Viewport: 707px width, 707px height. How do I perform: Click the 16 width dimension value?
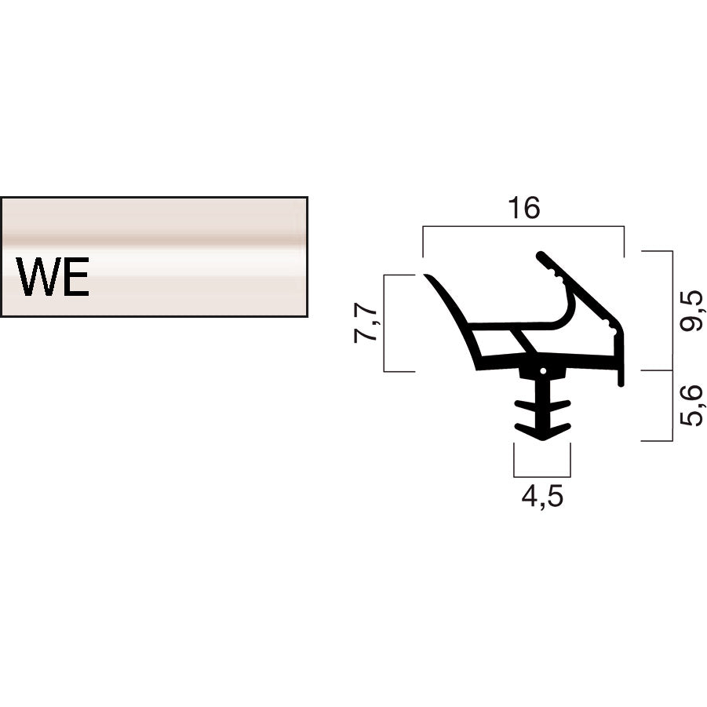pos(523,209)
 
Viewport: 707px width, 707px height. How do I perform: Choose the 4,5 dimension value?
pos(542,497)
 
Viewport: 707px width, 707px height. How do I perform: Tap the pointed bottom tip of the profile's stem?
pos(542,439)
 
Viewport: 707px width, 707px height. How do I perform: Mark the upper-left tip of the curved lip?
pos(428,276)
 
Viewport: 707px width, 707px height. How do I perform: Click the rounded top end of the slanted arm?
pos(541,255)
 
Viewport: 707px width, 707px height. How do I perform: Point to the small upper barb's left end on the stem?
pos(518,406)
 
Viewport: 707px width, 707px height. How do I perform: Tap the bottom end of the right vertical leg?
pos(621,383)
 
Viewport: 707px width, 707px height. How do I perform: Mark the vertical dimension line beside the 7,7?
pos(384,323)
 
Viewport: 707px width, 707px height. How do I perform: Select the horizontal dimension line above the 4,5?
pos(542,476)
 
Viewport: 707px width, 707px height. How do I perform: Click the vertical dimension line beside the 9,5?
pos(672,311)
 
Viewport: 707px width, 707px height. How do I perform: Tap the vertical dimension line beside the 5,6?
pos(672,406)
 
